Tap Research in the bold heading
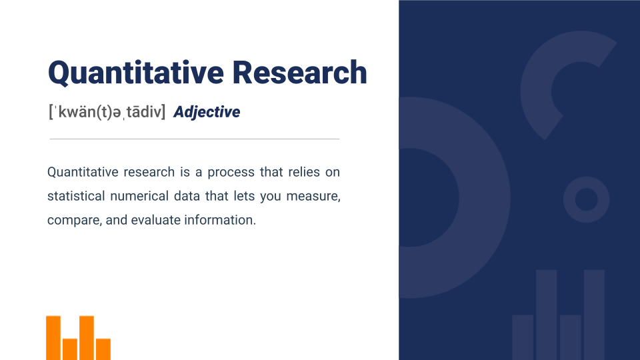(x=300, y=72)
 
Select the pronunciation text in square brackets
(x=107, y=111)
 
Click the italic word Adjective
(x=207, y=112)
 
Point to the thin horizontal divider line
(x=195, y=139)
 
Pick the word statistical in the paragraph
(x=76, y=196)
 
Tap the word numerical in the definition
(x=139, y=196)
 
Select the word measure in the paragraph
(x=313, y=196)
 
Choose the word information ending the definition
(x=220, y=220)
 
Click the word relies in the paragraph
(x=304, y=172)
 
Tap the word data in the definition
(x=187, y=196)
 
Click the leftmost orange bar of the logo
(x=53, y=338)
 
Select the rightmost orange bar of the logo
(x=103, y=349)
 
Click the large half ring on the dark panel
(x=485, y=197)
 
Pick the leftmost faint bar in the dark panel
(x=523, y=337)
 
